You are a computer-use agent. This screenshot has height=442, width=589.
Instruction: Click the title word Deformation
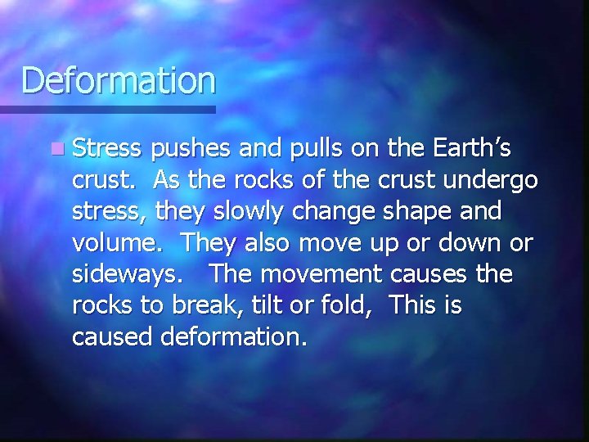point(119,81)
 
